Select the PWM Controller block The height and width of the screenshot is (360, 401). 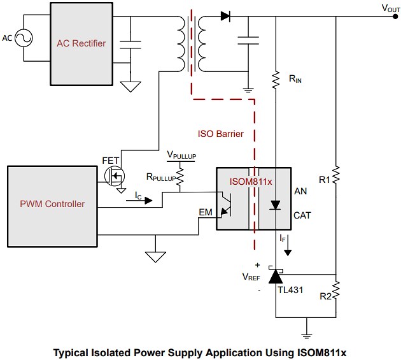(x=53, y=204)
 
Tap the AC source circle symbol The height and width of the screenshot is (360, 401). (x=27, y=38)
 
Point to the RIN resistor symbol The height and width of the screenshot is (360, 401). (x=276, y=80)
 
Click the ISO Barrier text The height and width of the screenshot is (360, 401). (x=220, y=134)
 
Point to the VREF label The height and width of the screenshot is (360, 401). (x=251, y=277)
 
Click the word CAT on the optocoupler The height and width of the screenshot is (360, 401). (x=302, y=215)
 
